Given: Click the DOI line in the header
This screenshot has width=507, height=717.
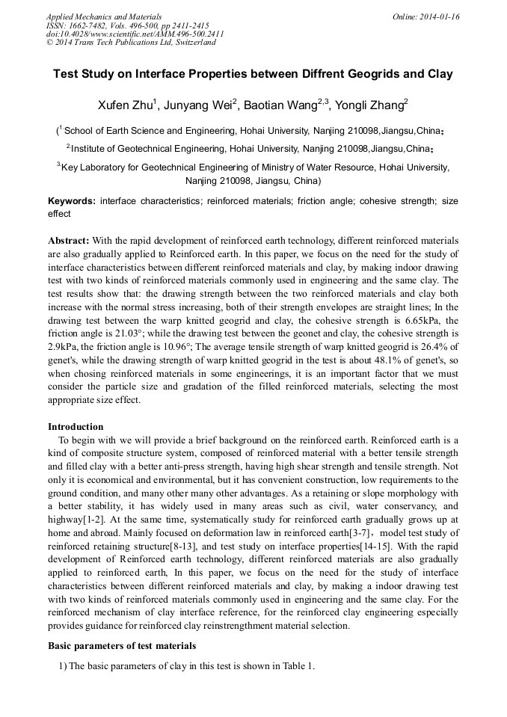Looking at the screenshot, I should (x=135, y=34).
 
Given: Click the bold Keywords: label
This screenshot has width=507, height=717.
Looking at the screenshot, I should (x=72, y=202).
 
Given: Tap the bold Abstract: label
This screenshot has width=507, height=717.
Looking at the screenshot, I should (x=69, y=241).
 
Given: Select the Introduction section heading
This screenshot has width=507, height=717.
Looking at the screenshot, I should (x=76, y=427).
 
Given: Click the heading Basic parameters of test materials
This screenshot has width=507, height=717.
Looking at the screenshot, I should (x=121, y=645).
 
